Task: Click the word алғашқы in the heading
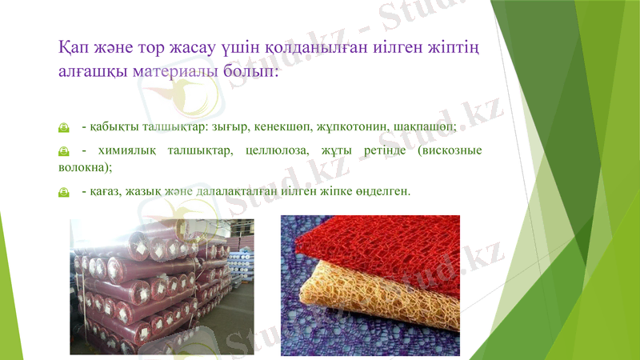[90, 71]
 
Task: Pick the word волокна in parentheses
[83, 167]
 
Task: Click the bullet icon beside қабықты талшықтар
[64, 127]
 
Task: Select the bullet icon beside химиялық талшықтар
[64, 150]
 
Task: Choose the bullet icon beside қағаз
[64, 192]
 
